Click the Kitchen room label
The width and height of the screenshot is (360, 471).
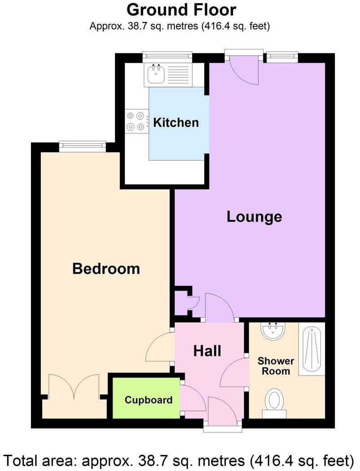(x=176, y=123)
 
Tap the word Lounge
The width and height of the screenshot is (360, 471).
(x=254, y=217)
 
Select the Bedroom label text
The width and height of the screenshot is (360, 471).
(x=106, y=269)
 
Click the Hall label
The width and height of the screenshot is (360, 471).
(x=207, y=351)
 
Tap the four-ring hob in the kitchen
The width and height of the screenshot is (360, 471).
(x=137, y=121)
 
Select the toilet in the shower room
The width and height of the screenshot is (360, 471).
(x=274, y=400)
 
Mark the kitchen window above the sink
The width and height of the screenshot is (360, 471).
(x=167, y=56)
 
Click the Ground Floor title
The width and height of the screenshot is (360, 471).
(x=181, y=9)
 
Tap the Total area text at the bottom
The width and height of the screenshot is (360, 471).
(x=180, y=460)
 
